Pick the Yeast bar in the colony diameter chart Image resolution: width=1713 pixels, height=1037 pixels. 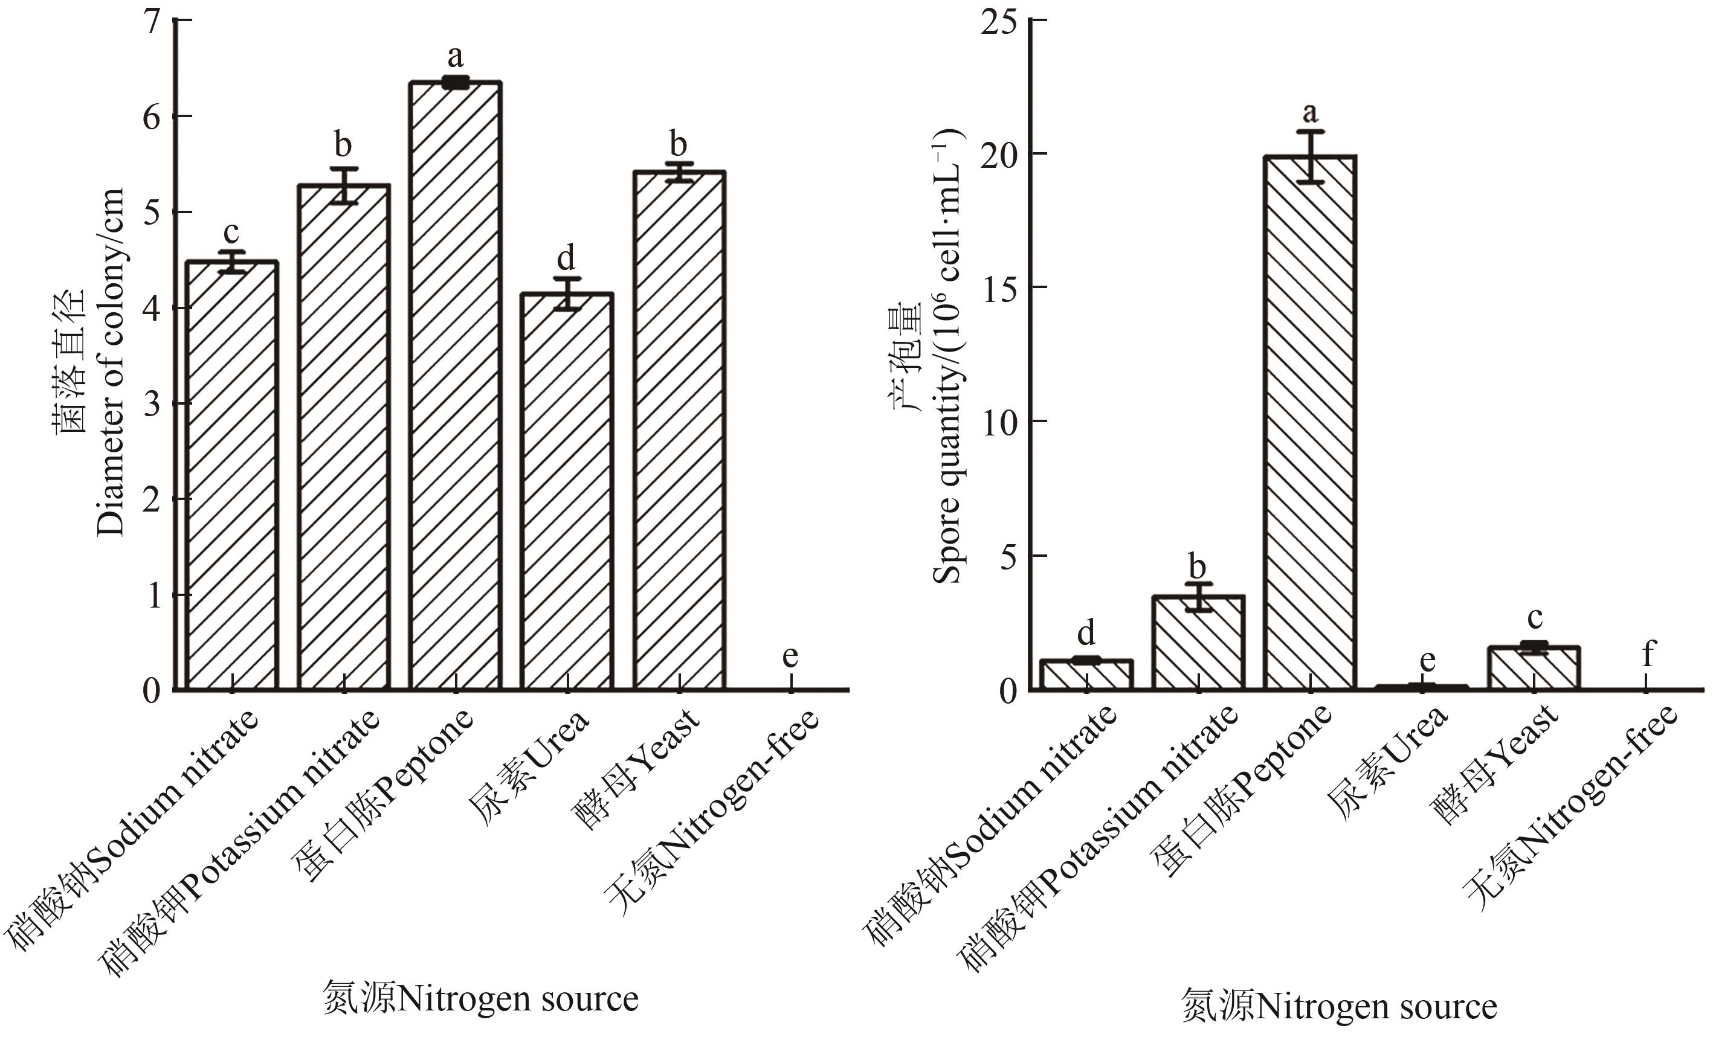click(x=679, y=430)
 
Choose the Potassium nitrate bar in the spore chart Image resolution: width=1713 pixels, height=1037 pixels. click(x=1198, y=642)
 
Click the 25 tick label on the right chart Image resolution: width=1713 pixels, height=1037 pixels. click(x=1000, y=21)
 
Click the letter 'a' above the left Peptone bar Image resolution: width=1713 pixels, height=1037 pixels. click(x=456, y=56)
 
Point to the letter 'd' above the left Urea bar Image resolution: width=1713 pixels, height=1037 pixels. click(x=567, y=258)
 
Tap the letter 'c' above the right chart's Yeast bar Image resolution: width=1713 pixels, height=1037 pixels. click(x=1534, y=617)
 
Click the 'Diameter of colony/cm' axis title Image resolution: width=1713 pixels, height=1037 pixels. click(x=110, y=361)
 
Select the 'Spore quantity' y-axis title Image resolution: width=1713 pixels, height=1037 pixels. click(x=946, y=361)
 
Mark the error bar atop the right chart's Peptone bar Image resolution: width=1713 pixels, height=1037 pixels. click(x=1311, y=156)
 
